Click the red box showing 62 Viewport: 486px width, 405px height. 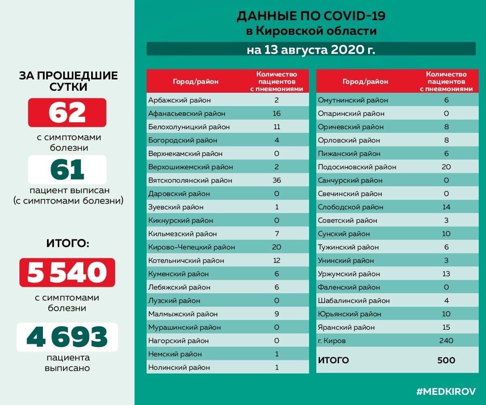(x=67, y=113)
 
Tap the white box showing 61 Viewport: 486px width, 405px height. (x=67, y=170)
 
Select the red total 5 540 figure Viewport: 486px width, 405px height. (x=67, y=273)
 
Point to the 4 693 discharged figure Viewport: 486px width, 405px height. (x=67, y=337)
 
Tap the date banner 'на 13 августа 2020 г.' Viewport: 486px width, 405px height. (x=311, y=49)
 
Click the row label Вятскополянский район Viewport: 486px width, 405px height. (x=190, y=180)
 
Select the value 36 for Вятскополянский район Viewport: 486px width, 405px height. (x=277, y=180)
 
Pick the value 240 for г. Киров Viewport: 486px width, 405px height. (x=446, y=341)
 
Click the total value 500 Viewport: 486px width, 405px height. (x=446, y=360)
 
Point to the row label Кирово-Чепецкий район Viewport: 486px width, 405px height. (x=192, y=247)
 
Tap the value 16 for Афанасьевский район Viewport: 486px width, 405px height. (x=277, y=113)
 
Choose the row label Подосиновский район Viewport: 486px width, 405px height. (x=357, y=167)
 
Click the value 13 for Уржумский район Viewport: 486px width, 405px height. (x=446, y=274)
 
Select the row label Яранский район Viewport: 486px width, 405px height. (x=346, y=327)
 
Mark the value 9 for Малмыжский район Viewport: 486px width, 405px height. (x=277, y=314)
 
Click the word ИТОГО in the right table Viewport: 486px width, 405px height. (x=333, y=360)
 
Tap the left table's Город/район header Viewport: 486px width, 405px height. (x=196, y=81)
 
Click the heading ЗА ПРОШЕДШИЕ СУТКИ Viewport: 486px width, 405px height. (x=68, y=81)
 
